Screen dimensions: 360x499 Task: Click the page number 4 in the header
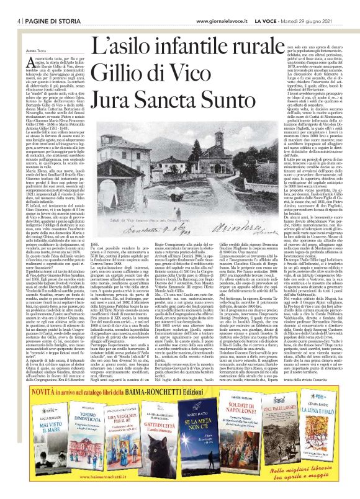pos(12,5)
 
